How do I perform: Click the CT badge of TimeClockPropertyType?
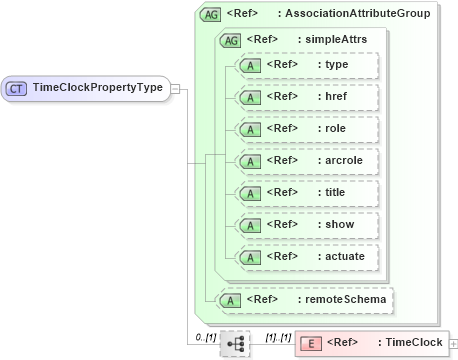[x=17, y=87]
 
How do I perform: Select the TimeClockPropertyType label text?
[x=97, y=87]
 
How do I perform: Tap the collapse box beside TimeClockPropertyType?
[x=176, y=87]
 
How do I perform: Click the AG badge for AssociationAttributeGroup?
[x=211, y=14]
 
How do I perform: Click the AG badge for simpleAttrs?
[x=229, y=40]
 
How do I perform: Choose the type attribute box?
[x=304, y=65]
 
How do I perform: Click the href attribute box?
[x=304, y=97]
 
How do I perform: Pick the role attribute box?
[x=304, y=129]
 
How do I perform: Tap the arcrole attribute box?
[x=304, y=160]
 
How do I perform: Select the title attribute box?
[x=304, y=192]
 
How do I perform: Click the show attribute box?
[x=304, y=224]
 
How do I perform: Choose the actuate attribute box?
[x=304, y=256]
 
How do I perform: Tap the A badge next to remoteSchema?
[x=230, y=299]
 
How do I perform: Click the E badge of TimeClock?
[x=312, y=343]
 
